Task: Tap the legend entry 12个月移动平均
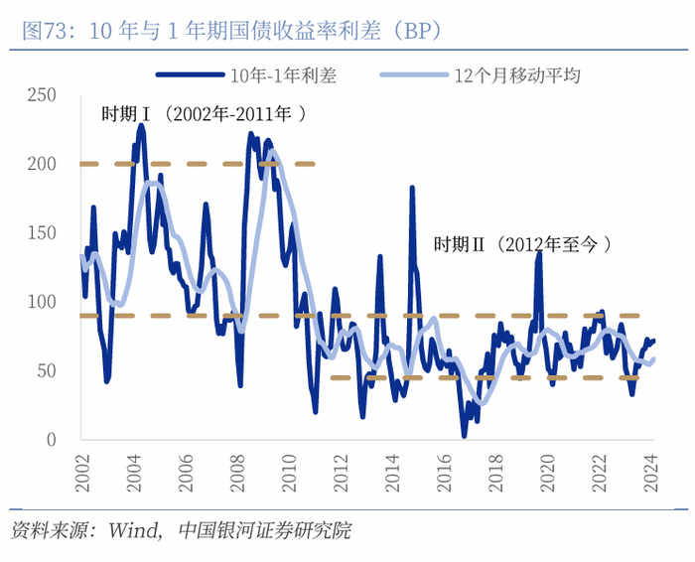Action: pyautogui.click(x=516, y=73)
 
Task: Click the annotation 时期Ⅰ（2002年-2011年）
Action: pyautogui.click(x=204, y=114)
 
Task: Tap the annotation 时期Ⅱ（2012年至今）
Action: pyautogui.click(x=521, y=243)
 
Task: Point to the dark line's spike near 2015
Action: pyautogui.click(x=412, y=188)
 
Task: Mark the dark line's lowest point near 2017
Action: pyautogui.click(x=464, y=435)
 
